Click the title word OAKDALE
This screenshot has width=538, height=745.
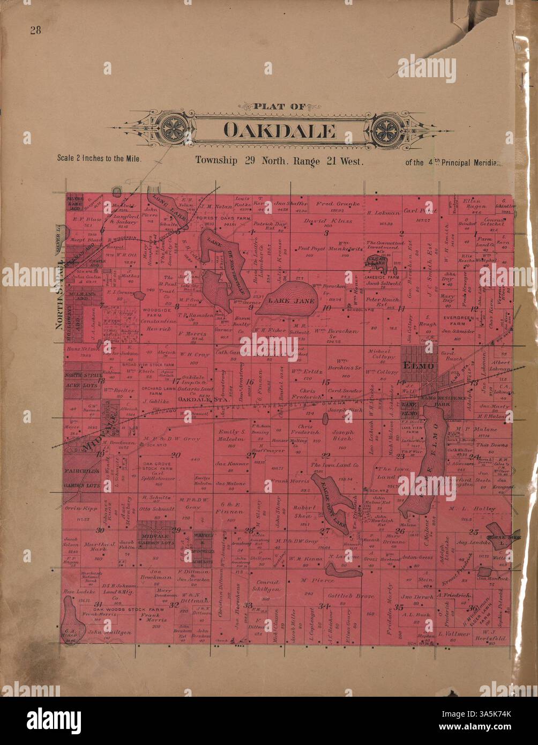click(279, 130)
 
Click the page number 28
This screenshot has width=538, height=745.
click(36, 30)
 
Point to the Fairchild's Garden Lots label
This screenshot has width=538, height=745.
click(82, 476)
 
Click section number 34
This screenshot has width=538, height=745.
click(323, 606)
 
